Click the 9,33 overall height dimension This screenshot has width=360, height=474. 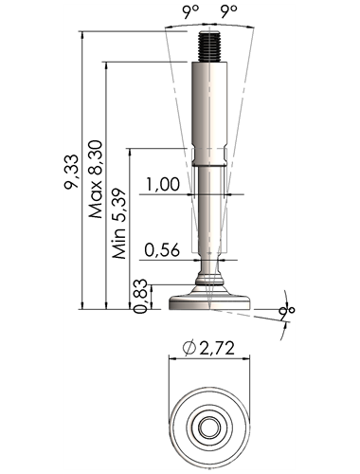click(71, 172)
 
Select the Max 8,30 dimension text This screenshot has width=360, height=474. click(96, 179)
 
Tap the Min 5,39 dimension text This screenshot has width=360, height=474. click(119, 224)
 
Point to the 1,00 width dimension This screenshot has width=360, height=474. click(163, 184)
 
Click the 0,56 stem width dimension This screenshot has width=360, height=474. click(162, 250)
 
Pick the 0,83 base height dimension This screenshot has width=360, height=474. click(140, 296)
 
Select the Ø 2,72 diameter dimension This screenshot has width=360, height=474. click(208, 348)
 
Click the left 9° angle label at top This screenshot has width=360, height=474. click(190, 11)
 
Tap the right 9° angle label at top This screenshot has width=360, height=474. click(228, 11)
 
